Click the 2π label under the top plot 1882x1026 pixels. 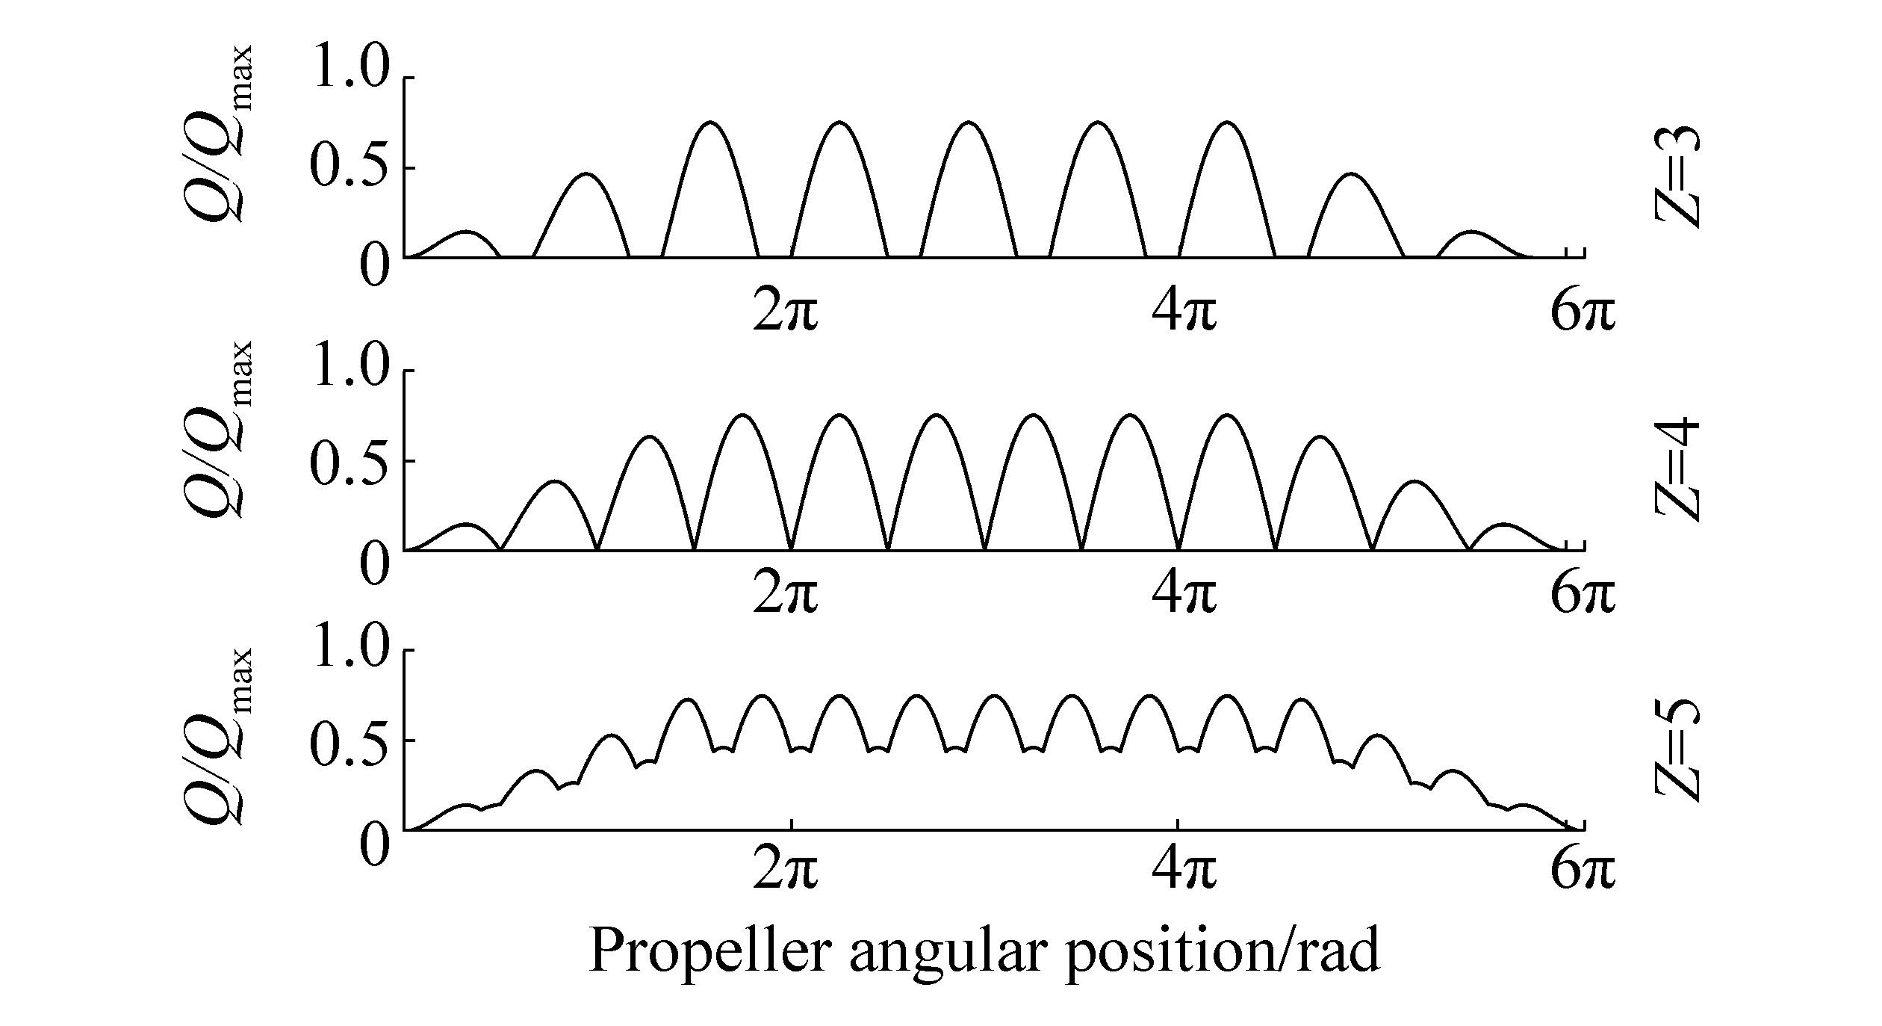(785, 313)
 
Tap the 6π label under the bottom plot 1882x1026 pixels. (1582, 871)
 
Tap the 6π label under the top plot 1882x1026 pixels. (1582, 313)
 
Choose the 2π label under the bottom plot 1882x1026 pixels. (785, 871)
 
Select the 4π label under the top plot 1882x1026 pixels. (1184, 313)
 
